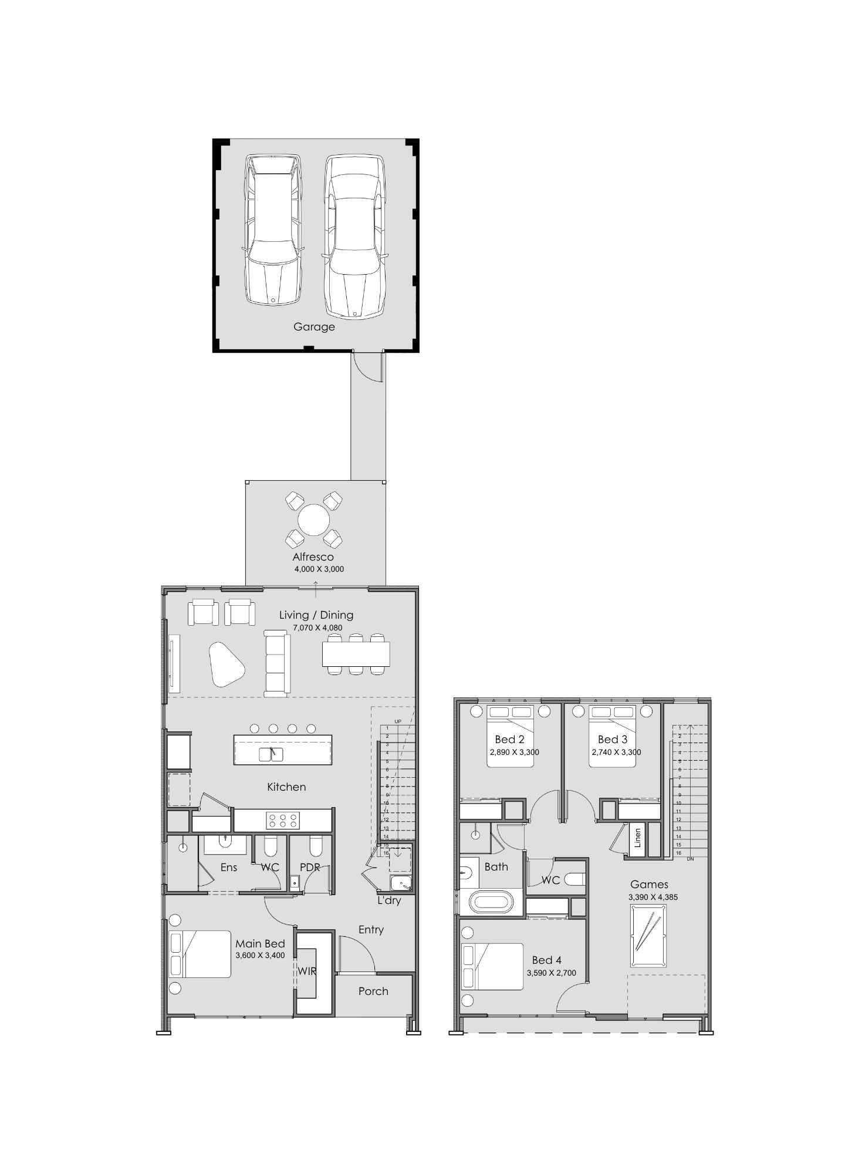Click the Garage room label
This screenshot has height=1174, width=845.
(314, 327)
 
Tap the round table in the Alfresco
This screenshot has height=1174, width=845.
(314, 519)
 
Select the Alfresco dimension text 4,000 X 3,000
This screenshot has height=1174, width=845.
(319, 569)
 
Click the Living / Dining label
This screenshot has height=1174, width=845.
(316, 615)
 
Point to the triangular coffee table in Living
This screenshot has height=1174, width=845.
(226, 664)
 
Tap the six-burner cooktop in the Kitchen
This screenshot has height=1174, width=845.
(280, 820)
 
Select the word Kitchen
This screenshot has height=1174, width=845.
(286, 787)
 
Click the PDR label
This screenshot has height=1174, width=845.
(310, 867)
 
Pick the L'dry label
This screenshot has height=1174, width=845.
(389, 900)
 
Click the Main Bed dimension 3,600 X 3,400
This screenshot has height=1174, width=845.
(260, 955)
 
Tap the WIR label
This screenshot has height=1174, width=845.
(306, 971)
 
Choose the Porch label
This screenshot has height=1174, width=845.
(373, 991)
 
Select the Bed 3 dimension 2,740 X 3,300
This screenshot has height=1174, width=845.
(616, 752)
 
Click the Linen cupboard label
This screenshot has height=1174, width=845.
(638, 838)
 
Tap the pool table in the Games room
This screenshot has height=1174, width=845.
(648, 936)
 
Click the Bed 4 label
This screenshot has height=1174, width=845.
(547, 960)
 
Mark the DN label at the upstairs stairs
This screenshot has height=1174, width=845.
(690, 859)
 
